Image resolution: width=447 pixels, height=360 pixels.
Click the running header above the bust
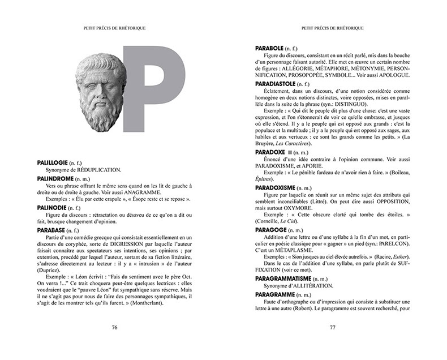click(114, 27)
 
